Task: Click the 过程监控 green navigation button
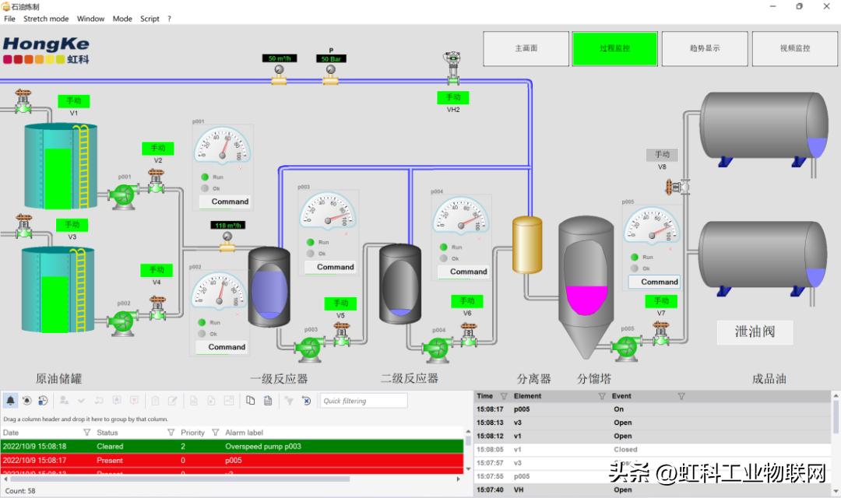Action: tap(615, 48)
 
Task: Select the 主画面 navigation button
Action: tap(526, 48)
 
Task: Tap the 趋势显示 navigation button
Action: tap(705, 48)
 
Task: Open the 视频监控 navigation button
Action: tap(795, 48)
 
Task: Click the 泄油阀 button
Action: tap(755, 331)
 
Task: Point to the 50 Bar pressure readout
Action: tap(331, 59)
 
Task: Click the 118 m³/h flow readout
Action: tap(227, 226)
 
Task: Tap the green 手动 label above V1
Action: tap(73, 101)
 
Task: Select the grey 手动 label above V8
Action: tap(662, 155)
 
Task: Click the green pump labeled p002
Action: tap(122, 321)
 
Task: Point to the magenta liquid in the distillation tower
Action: tap(586, 300)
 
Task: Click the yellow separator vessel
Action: tap(527, 244)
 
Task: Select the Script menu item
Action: tap(150, 19)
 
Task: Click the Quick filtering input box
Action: tap(363, 401)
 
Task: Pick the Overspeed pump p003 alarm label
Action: tap(263, 447)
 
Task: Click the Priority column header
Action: tap(192, 433)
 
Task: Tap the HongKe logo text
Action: tap(46, 44)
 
